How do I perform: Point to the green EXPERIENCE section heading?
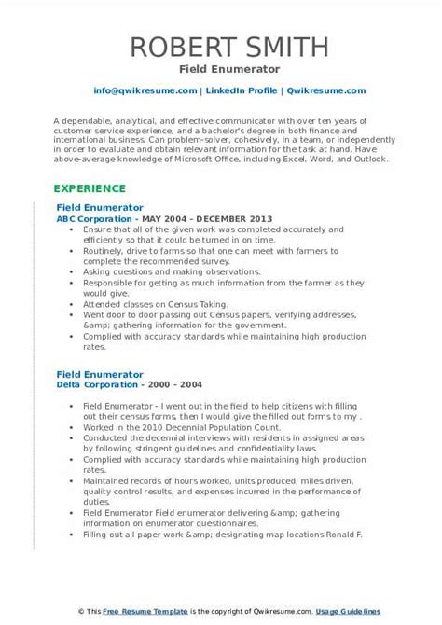click(94, 187)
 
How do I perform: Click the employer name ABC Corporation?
click(96, 216)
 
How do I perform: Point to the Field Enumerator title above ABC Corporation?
click(100, 206)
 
